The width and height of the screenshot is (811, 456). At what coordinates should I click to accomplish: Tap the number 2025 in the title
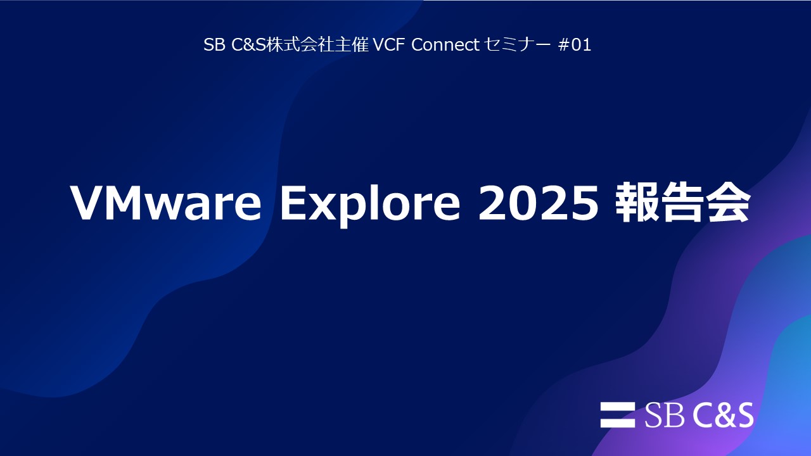(538, 203)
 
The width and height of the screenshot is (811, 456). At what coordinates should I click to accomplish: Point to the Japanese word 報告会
(683, 203)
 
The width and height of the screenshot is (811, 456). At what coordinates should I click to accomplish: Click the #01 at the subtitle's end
(575, 46)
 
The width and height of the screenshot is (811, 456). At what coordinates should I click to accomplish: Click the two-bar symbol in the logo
(618, 415)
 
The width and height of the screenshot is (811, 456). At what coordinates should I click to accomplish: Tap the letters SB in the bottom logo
(665, 415)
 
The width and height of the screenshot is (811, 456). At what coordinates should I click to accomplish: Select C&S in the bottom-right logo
(723, 415)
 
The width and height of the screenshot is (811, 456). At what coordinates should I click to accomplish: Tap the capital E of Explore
(294, 203)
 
